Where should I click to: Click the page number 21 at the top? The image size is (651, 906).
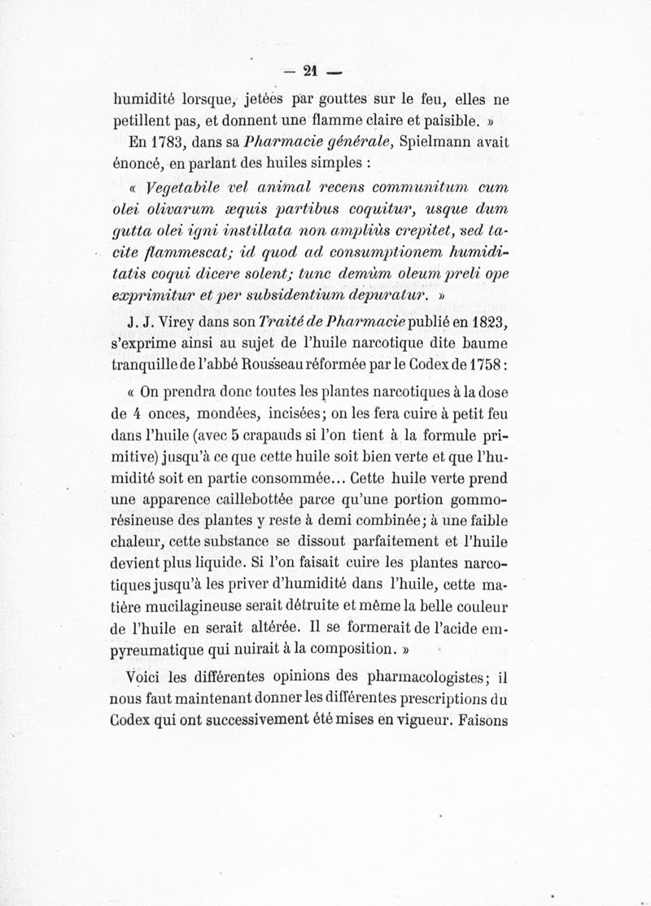[x=308, y=71]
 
